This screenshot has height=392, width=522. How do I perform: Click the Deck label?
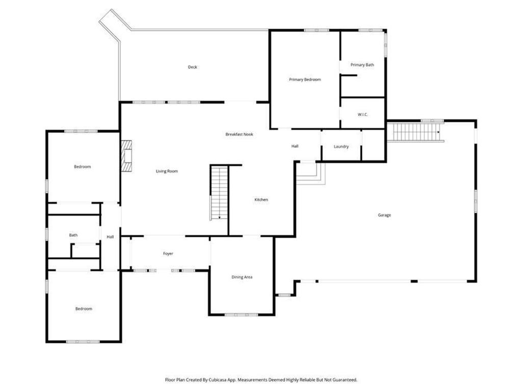tap(192, 67)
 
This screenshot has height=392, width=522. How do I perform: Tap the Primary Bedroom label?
tap(305, 79)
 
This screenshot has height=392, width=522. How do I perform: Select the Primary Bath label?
tap(362, 65)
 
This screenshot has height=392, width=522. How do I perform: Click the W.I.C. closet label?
tap(363, 115)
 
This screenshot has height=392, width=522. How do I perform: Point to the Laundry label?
tap(341, 146)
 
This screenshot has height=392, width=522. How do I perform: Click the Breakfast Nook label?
tap(240, 134)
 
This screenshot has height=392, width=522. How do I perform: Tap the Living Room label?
tap(167, 171)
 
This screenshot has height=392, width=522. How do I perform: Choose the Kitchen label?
tap(262, 200)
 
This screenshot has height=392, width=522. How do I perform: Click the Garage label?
tap(384, 215)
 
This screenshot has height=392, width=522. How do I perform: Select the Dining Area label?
tap(242, 277)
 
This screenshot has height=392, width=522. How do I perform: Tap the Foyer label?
tap(168, 254)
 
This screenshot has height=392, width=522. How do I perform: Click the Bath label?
tap(73, 235)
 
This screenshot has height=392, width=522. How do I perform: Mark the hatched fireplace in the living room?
tap(126, 156)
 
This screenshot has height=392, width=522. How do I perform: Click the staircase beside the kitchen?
tap(219, 192)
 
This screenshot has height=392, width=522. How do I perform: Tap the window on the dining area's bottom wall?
tap(241, 314)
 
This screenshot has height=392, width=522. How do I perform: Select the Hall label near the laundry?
tap(295, 146)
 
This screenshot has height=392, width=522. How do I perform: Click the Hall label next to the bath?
tap(110, 237)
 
